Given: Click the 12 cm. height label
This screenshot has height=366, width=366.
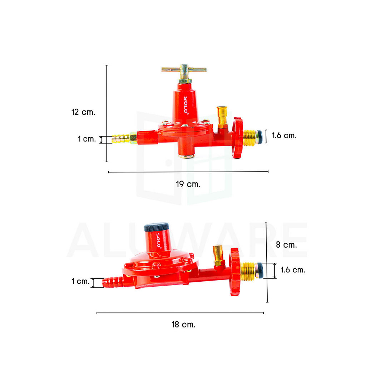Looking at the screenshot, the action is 83,112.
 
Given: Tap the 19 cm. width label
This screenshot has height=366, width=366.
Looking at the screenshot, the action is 188,184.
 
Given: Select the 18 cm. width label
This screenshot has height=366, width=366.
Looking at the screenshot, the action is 183,325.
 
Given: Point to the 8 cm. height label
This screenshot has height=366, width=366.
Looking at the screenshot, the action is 286,244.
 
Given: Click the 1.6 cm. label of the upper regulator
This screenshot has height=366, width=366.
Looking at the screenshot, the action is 284,135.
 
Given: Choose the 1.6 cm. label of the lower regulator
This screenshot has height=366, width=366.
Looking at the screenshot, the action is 293,270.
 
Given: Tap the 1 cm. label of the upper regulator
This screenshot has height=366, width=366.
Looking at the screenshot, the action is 86,139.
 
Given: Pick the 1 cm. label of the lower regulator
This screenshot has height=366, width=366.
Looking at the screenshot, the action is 80,281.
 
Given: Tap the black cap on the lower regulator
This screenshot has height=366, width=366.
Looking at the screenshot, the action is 157,227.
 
